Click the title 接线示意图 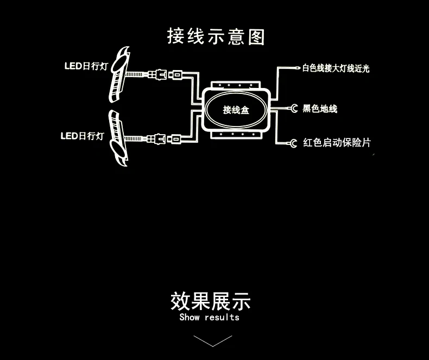pyautogui.click(x=216, y=36)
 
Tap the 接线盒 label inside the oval pyautogui.click(x=236, y=110)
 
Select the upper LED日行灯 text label pyautogui.click(x=86, y=66)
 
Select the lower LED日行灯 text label pyautogui.click(x=83, y=136)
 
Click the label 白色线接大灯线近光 pyautogui.click(x=336, y=68)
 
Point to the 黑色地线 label pyautogui.click(x=320, y=109)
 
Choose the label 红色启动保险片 pyautogui.click(x=337, y=142)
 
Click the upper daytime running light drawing pyautogui.click(x=119, y=74)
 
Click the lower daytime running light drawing pyautogui.click(x=118, y=138)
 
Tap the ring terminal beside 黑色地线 pyautogui.click(x=294, y=109)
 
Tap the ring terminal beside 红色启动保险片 pyautogui.click(x=293, y=143)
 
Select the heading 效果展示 pyautogui.click(x=210, y=301)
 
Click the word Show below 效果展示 pyautogui.click(x=190, y=317)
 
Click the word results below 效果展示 pyautogui.click(x=222, y=317)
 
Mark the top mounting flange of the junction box pyautogui.click(x=236, y=85)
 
